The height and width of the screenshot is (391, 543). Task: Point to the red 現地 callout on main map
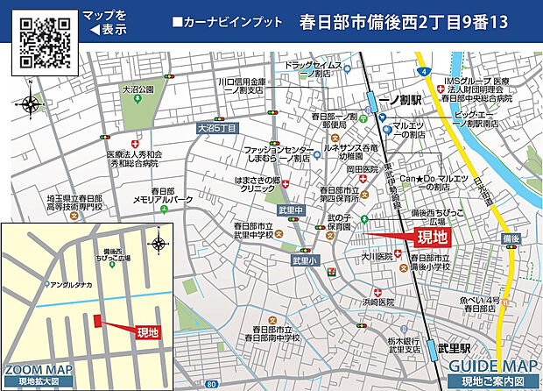(x=430, y=237)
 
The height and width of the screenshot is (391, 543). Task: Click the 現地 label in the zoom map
(x=148, y=331)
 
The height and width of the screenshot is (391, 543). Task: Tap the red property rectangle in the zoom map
(x=96, y=322)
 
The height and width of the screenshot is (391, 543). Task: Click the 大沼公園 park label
(x=138, y=89)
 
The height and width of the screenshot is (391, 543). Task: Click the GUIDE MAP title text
(x=491, y=367)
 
